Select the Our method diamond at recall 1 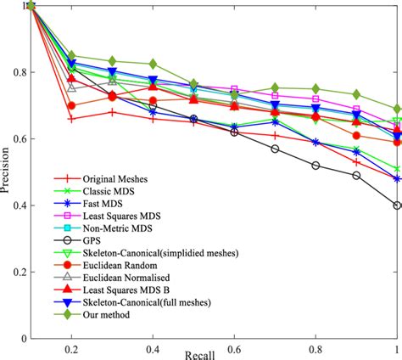[397, 109]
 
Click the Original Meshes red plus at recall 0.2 [72, 119]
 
